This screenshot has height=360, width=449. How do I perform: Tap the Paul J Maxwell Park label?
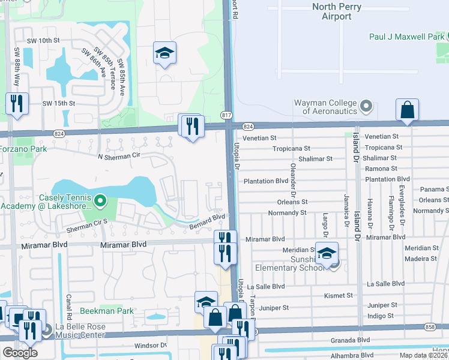point(408,37)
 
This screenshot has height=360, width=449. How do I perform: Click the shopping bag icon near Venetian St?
point(407,110)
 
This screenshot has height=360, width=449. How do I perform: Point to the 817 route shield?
point(226,115)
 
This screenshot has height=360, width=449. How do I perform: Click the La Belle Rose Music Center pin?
point(47,330)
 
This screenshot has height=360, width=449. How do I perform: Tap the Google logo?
point(20,353)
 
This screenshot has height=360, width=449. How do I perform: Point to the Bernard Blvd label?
point(207,221)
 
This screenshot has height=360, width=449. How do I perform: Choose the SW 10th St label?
point(44,40)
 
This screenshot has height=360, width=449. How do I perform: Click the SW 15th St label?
point(58,103)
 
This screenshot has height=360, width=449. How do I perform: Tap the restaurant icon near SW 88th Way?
point(17,104)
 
